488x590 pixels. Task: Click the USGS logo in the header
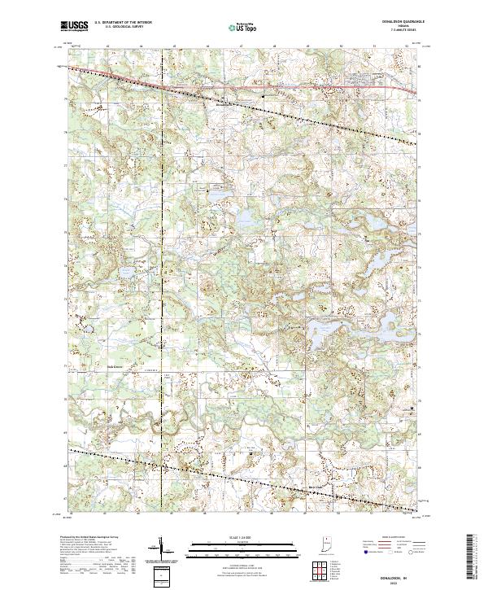pyautogui.click(x=74, y=27)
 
